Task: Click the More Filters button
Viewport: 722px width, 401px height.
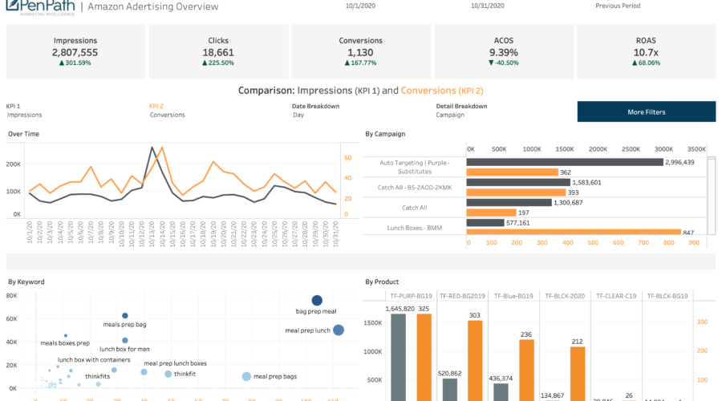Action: tap(646, 111)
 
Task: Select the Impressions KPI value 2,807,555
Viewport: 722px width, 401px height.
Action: tap(75, 52)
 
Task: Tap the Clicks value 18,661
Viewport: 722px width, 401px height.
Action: tap(218, 52)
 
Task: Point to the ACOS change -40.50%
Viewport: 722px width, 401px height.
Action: tap(504, 63)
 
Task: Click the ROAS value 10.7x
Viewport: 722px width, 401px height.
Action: tap(646, 52)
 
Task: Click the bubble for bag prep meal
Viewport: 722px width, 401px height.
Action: tap(317, 300)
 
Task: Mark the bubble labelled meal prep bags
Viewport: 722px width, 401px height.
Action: tap(246, 376)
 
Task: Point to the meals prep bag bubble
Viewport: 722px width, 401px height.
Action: tap(124, 316)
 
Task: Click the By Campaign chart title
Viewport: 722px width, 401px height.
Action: tap(385, 134)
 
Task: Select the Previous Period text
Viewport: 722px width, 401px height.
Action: tap(618, 6)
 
